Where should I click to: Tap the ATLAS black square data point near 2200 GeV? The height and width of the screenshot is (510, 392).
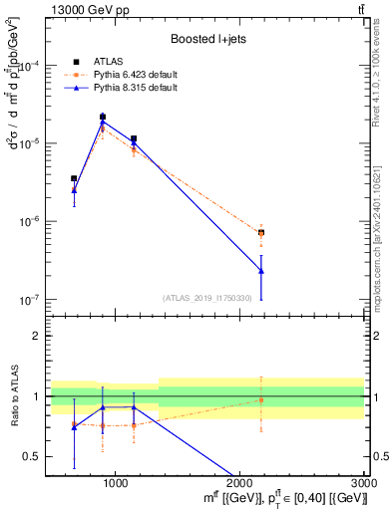click(x=261, y=232)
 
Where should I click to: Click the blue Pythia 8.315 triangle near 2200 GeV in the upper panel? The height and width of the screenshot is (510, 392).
click(x=261, y=271)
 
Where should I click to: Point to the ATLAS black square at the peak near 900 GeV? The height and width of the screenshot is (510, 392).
click(x=103, y=117)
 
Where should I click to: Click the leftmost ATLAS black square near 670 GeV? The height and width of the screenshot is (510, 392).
click(x=74, y=178)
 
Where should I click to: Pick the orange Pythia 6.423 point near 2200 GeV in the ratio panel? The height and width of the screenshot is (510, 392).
click(x=261, y=400)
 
